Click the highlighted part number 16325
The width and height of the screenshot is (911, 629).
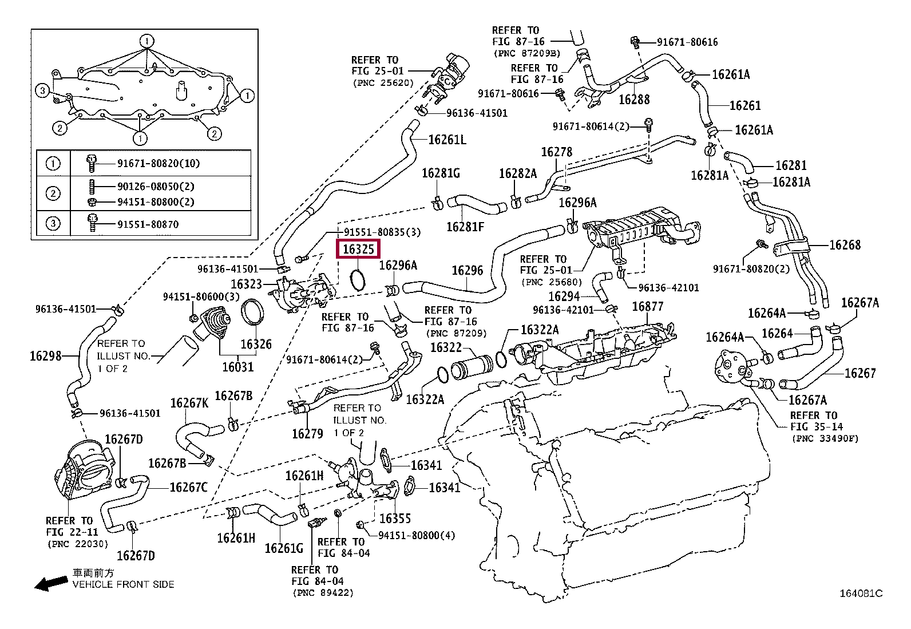[358, 249]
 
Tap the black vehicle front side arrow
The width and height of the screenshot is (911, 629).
[51, 584]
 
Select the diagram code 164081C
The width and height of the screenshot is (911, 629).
[861, 594]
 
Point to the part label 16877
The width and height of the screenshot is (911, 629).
[647, 306]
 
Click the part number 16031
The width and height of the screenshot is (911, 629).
[238, 367]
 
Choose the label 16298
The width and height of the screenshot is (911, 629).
[46, 356]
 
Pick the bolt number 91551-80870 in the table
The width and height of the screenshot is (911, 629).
[148, 224]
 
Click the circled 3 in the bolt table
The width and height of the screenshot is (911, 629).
[53, 223]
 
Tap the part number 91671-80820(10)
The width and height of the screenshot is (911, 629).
[159, 164]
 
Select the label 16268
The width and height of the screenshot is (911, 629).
[845, 245]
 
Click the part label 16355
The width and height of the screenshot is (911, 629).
[395, 519]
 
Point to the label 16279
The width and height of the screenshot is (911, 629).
[307, 434]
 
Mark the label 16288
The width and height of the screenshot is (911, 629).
[634, 99]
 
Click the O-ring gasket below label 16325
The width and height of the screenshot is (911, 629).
[358, 280]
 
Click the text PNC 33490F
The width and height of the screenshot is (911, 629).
[825, 439]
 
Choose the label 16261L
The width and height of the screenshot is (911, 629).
[447, 140]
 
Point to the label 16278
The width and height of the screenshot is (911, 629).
[556, 152]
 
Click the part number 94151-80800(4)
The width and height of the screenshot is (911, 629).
[417, 536]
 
